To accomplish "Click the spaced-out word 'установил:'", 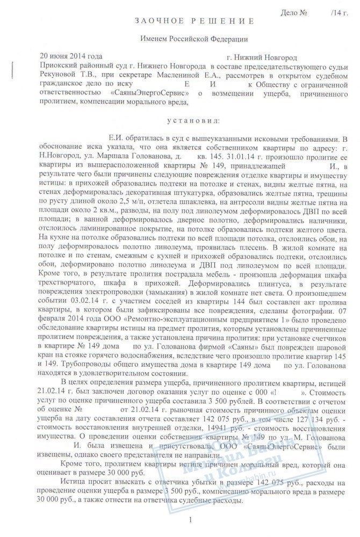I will tap(185, 121).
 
